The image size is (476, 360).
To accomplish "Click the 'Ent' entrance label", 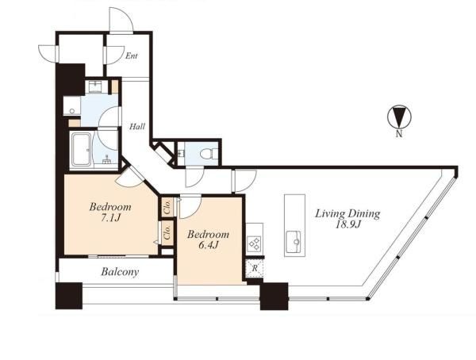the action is [x=132, y=56].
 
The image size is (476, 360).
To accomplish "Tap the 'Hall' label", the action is [x=137, y=126].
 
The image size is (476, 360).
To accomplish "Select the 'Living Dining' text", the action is [x=347, y=214].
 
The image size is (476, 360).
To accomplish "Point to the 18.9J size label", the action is [x=348, y=224].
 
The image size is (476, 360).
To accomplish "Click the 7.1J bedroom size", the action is [x=111, y=217].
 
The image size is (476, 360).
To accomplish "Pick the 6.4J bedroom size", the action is [x=209, y=245].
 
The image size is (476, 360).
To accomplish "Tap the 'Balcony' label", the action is [x=120, y=272].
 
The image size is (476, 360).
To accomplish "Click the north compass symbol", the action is [x=399, y=117].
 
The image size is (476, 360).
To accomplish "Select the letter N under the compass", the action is [x=399, y=133].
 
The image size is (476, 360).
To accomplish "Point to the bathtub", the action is [x=81, y=150].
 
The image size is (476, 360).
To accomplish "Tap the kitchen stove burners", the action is [x=254, y=243].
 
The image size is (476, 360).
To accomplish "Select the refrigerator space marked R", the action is [x=254, y=268].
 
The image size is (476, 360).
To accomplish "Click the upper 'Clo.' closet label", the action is [x=167, y=206].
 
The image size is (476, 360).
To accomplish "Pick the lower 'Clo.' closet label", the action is [x=167, y=233].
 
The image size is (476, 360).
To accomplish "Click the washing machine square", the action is [x=71, y=105].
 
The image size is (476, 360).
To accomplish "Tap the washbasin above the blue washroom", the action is [x=97, y=86].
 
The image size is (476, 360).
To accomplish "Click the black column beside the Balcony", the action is [x=69, y=296].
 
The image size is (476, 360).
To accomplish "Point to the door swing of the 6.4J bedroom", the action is [x=190, y=206].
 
